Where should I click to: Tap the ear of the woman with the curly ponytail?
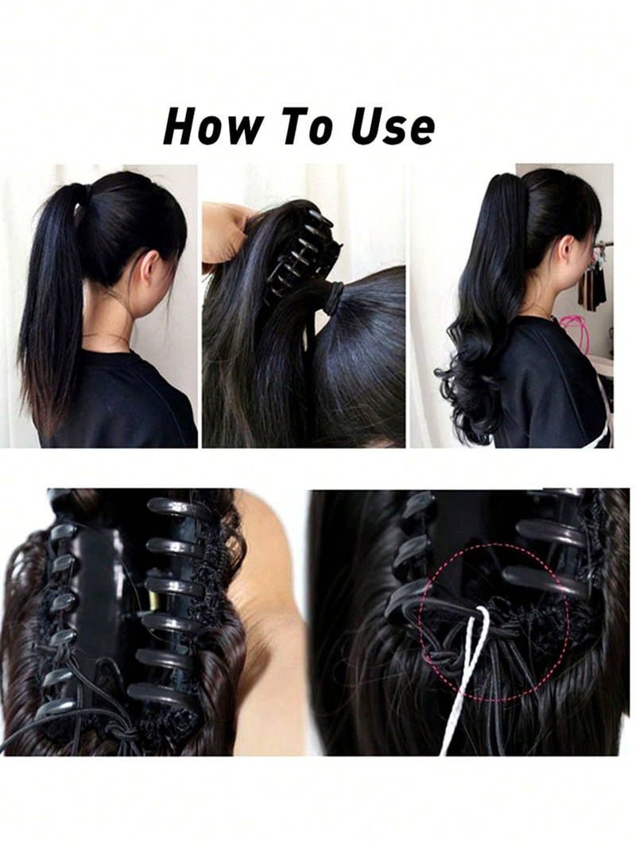coord(568,250)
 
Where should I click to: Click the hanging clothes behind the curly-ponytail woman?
coord(591,285)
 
